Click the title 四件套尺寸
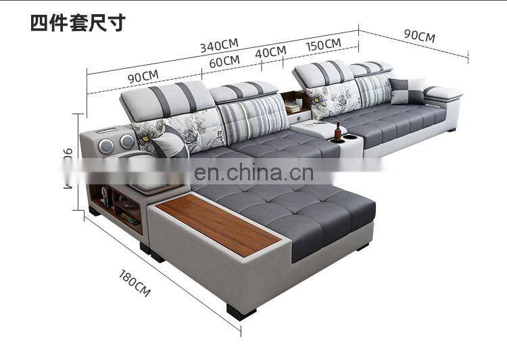click(x=78, y=22)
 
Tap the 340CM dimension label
click(x=219, y=45)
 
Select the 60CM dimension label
click(x=224, y=61)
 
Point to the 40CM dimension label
click(x=270, y=52)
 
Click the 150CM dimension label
click(x=323, y=45)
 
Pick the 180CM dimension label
click(x=135, y=283)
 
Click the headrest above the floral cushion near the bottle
click(x=322, y=72)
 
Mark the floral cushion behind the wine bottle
click(x=336, y=99)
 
